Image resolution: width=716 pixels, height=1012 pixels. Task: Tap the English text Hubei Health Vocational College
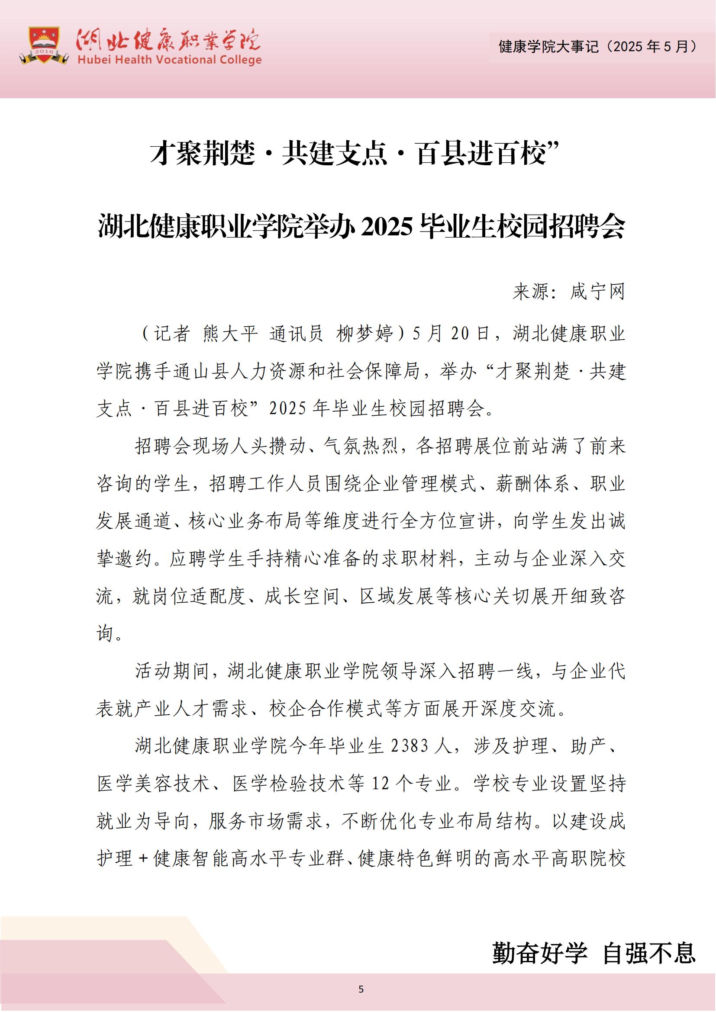point(169,60)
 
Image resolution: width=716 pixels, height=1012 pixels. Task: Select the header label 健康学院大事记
point(548,47)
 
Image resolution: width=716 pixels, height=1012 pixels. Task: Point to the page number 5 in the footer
point(361,989)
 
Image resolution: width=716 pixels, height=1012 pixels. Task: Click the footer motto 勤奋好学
point(540,952)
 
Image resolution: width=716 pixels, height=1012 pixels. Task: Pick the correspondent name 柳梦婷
point(364,334)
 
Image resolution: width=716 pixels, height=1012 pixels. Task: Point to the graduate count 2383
point(410,746)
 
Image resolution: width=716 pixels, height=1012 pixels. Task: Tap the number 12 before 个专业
point(381,784)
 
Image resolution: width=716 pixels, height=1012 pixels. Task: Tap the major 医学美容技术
point(153,784)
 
